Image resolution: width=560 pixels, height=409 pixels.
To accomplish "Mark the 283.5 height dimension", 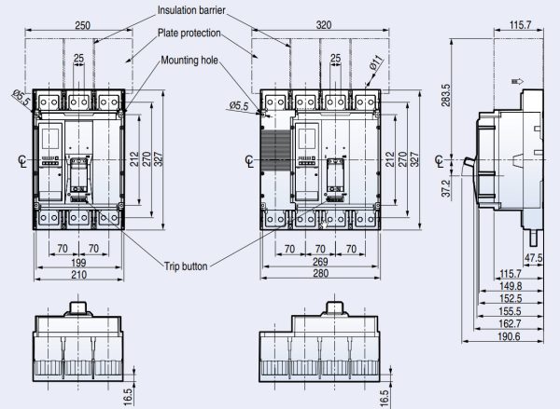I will (x=446, y=96).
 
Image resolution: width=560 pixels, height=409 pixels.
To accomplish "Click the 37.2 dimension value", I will (x=446, y=188).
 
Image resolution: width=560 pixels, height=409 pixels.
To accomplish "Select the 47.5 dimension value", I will (x=533, y=257).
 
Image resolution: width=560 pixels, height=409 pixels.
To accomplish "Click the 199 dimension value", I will (x=79, y=264).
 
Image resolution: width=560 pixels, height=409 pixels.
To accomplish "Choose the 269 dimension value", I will (x=319, y=264).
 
